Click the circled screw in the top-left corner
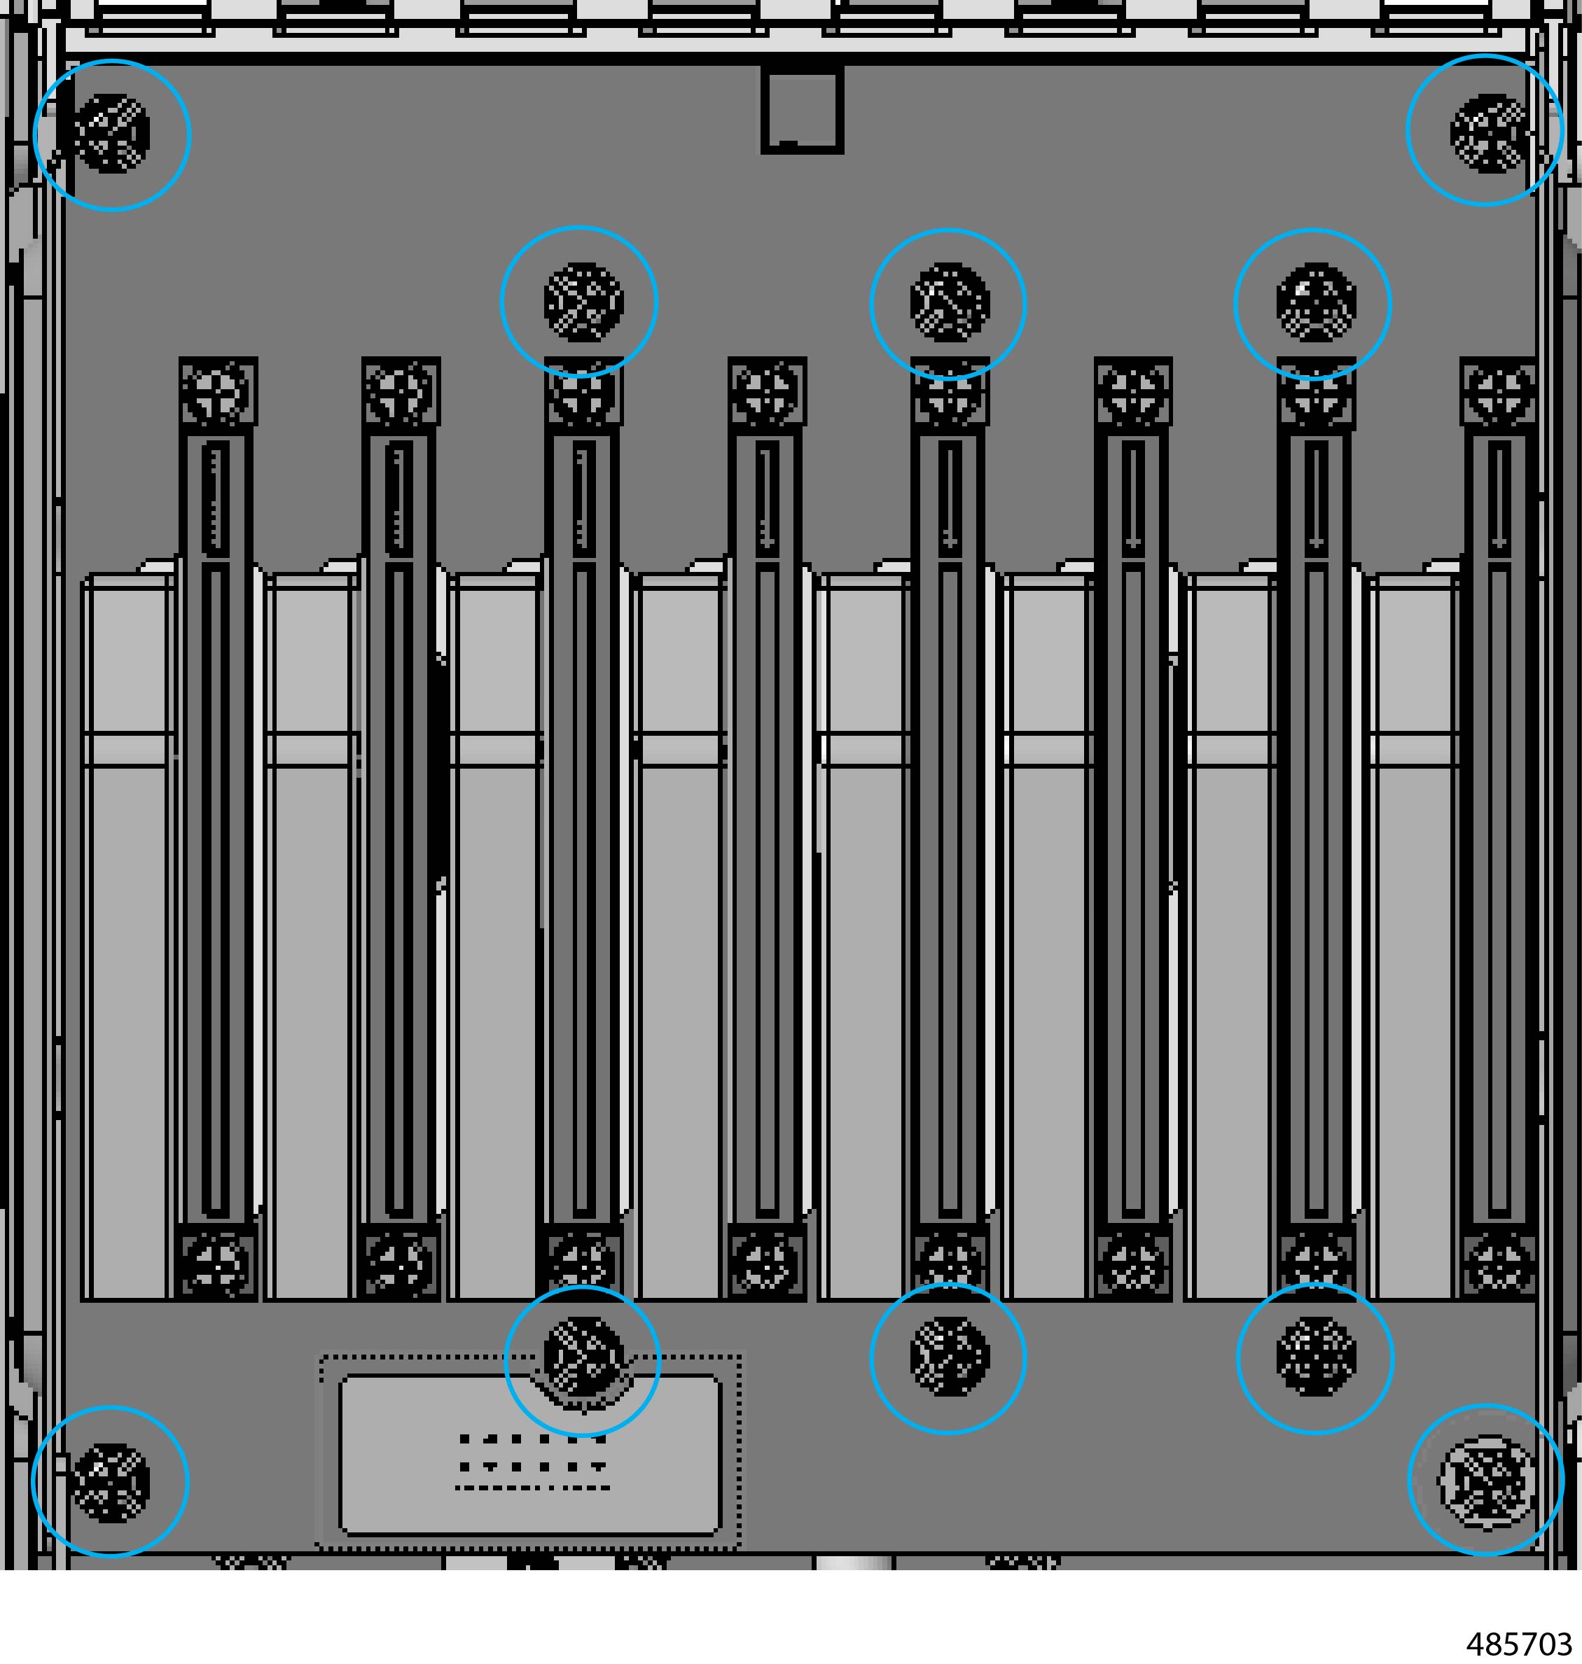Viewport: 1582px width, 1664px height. point(111,133)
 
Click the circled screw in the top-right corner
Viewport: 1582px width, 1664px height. point(1488,132)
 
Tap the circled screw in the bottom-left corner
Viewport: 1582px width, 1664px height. point(111,1483)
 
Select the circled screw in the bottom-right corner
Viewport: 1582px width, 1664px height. point(1486,1483)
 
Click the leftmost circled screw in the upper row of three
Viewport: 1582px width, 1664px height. point(583,302)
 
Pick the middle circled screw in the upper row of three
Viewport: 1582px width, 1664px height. point(950,302)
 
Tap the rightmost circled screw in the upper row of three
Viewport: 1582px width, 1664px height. point(1315,302)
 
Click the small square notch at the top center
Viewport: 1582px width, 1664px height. point(802,111)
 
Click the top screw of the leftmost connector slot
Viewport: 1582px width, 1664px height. point(218,392)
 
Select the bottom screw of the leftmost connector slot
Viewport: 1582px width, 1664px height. point(218,1263)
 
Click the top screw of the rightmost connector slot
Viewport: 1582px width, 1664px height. point(1499,392)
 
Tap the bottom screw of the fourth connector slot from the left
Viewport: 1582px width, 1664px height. point(767,1263)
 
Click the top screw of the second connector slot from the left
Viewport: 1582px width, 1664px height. point(401,392)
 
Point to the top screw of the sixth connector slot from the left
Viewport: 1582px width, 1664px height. point(1132,392)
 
